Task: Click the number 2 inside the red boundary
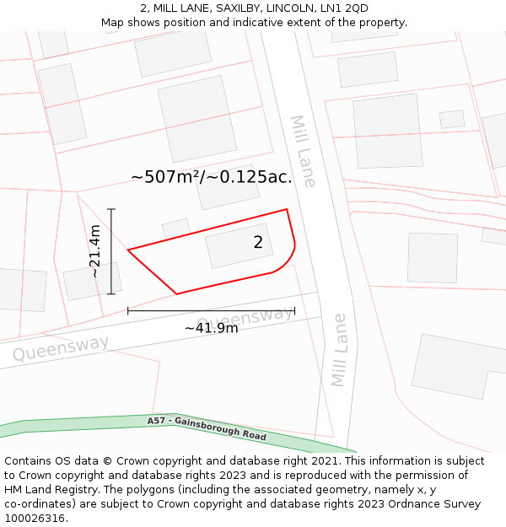coord(258,243)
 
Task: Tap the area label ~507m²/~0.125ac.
coord(212,177)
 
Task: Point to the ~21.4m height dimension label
coord(95,251)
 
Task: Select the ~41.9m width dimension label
coord(211,328)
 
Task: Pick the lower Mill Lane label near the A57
coord(339,350)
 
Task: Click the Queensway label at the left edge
coord(61,347)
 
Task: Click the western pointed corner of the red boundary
coord(128,250)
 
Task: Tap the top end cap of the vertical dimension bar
coord(111,209)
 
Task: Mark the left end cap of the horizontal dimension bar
coord(128,311)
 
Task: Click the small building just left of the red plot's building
coord(176,229)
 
